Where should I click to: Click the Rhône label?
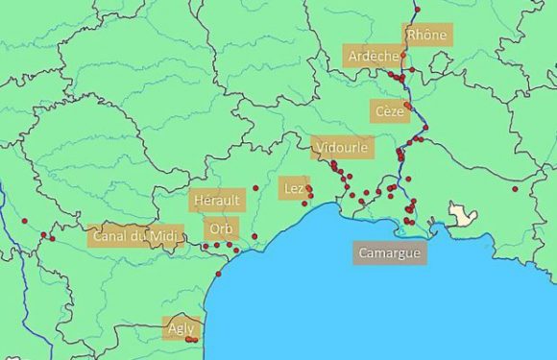pos(426,35)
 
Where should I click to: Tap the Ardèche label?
pos(374,56)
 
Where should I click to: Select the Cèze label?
pos(390,111)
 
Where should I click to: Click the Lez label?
pos(294,189)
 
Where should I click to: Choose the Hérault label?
pos(217,200)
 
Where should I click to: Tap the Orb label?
pos(223,230)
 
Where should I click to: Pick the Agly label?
pos(181,327)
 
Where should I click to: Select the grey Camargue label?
pos(388,253)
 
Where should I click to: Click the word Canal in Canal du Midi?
pos(110,235)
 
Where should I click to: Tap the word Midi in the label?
pos(165,235)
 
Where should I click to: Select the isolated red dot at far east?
pos(516,188)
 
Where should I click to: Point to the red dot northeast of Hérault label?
pos(255,188)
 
